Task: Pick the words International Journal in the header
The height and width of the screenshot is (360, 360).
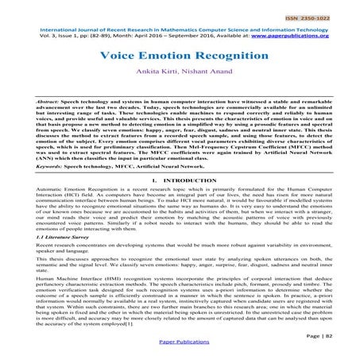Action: pos(44,29)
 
